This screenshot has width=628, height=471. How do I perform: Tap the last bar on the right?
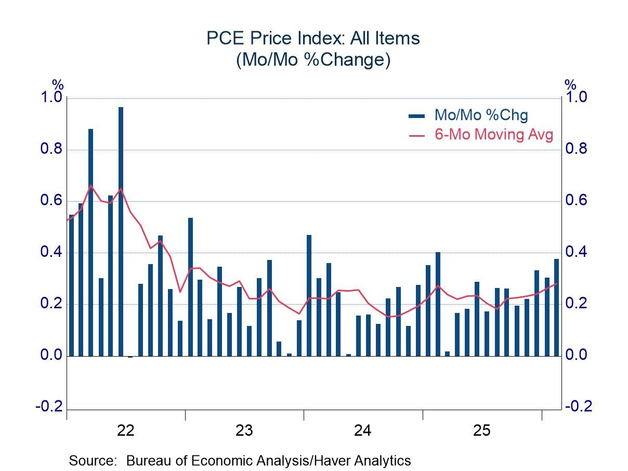pyautogui.click(x=556, y=307)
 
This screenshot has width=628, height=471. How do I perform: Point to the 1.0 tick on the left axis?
pyautogui.click(x=51, y=98)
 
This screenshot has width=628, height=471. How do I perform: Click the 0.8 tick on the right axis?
pyautogui.click(x=576, y=150)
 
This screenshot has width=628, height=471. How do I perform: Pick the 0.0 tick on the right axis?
pyautogui.click(x=576, y=356)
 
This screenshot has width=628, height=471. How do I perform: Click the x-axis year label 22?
pyautogui.click(x=126, y=430)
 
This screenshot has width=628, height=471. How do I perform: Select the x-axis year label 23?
pyautogui.click(x=244, y=430)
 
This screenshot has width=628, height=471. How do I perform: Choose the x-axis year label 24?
pyautogui.click(x=363, y=430)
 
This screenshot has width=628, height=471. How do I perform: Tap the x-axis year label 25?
pyautogui.click(x=481, y=430)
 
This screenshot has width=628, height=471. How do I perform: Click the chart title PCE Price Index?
pyautogui.click(x=313, y=38)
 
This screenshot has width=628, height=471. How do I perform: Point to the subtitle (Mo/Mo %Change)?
pyautogui.click(x=313, y=60)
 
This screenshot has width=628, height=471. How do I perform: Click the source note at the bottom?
pyautogui.click(x=240, y=461)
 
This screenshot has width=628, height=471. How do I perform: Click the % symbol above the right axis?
pyautogui.click(x=570, y=85)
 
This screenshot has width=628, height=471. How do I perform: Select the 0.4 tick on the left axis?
pyautogui.click(x=51, y=253)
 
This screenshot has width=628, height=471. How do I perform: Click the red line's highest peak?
pyautogui.click(x=91, y=186)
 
